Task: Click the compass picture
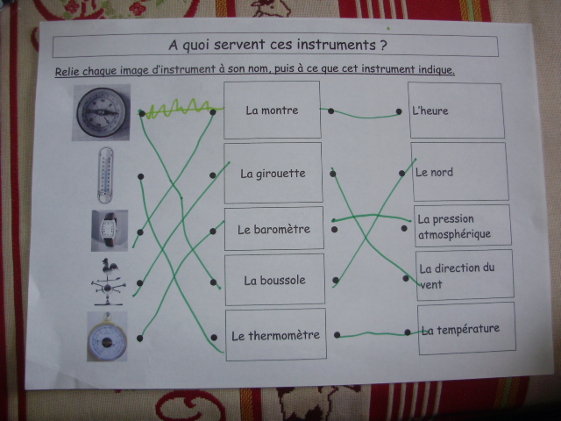pyautogui.click(x=102, y=112)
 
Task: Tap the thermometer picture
pyautogui.click(x=105, y=175)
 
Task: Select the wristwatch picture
pyautogui.click(x=110, y=230)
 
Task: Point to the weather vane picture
pyautogui.click(x=109, y=282)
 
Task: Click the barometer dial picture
pyautogui.click(x=107, y=337)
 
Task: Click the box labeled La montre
pyautogui.click(x=272, y=110)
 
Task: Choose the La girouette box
pyautogui.click(x=273, y=174)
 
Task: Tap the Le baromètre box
pyautogui.click(x=274, y=229)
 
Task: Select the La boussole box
pyautogui.click(x=274, y=280)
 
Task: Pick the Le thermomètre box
pyautogui.click(x=276, y=335)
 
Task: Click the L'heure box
pyautogui.click(x=456, y=111)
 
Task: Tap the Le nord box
pyautogui.click(x=459, y=172)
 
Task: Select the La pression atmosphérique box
pyautogui.click(x=463, y=226)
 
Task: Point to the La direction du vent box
pyautogui.click(x=465, y=275)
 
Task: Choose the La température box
pyautogui.click(x=467, y=329)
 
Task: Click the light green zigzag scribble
pyautogui.click(x=181, y=108)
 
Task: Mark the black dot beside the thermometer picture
pyautogui.click(x=140, y=176)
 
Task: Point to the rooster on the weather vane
pyautogui.click(x=109, y=265)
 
